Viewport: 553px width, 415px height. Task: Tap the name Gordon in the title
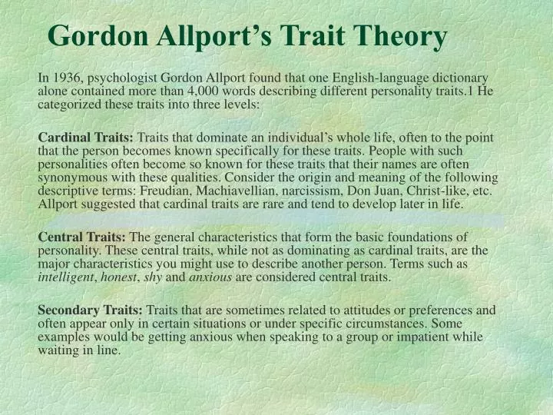[98, 35]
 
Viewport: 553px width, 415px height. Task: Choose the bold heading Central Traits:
[82, 237]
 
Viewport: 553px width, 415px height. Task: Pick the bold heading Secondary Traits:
[90, 310]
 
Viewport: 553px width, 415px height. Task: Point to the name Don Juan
[376, 191]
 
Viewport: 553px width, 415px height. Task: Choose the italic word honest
[119, 277]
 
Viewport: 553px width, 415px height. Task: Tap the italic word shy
[153, 277]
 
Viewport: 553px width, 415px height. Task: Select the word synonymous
[73, 178]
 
